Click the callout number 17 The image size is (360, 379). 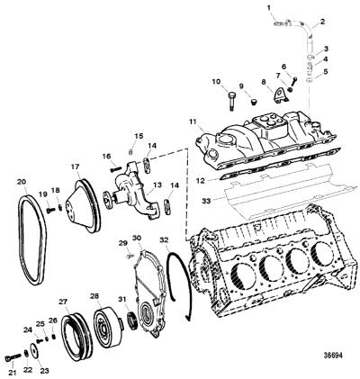(76, 167)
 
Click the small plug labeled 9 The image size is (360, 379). (254, 102)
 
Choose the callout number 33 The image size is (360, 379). (206, 202)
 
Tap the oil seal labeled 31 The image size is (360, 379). (132, 321)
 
